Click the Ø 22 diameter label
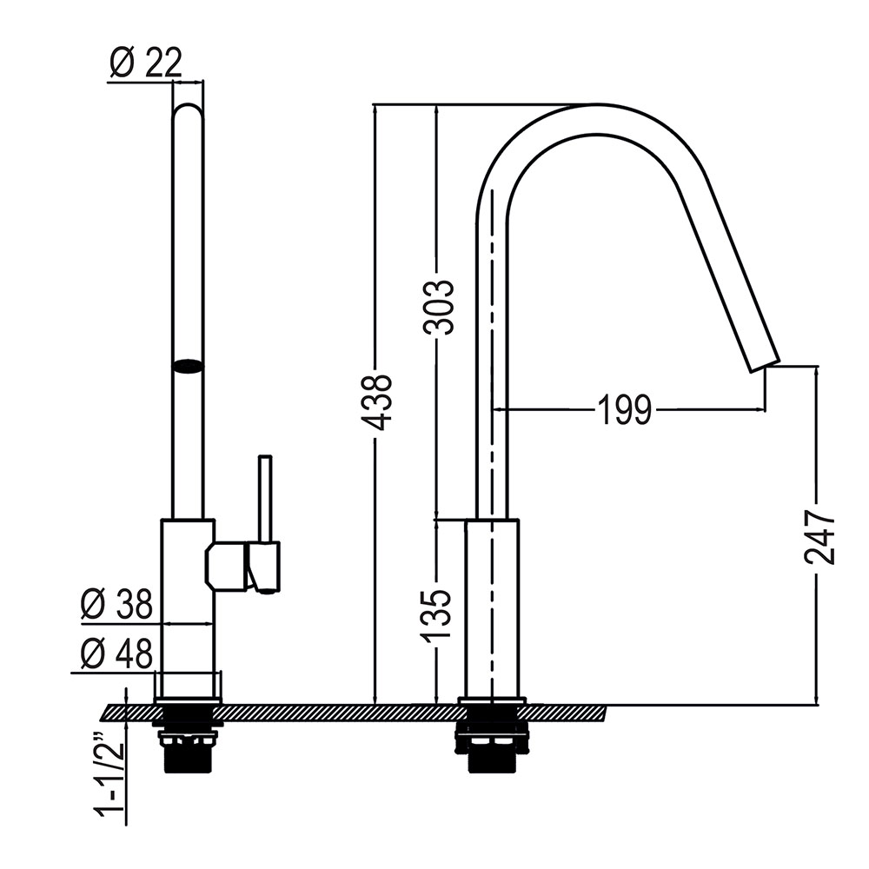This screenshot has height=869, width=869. (146, 63)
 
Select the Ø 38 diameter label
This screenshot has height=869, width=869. (116, 603)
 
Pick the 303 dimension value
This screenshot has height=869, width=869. (438, 307)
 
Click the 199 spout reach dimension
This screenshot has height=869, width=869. (624, 409)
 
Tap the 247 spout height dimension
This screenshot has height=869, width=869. (819, 536)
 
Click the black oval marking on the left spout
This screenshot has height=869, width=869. (188, 366)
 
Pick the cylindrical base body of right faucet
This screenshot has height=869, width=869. (492, 608)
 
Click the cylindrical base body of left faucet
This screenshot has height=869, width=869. (187, 608)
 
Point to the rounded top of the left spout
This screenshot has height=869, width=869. (188, 113)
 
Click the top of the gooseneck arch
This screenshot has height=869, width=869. (591, 117)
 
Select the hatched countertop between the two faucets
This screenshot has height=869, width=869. (339, 713)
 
